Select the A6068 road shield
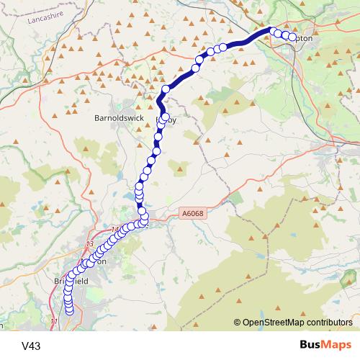pos(192,214)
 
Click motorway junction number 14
pos(116,230)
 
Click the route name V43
pos(31,346)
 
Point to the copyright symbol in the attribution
pos(238,323)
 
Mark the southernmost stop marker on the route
pos(70,311)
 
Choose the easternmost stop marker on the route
pos(292,37)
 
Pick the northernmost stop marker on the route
pos(273,30)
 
